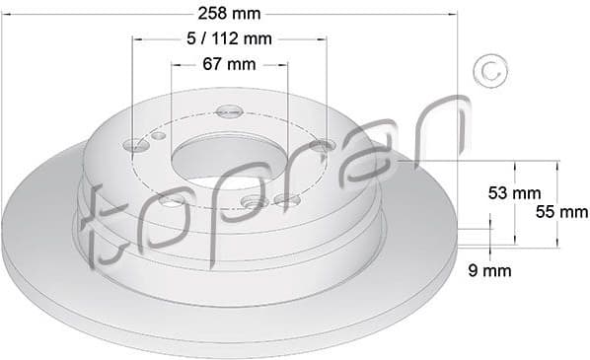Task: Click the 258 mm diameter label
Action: click(230, 14)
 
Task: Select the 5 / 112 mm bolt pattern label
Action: click(229, 39)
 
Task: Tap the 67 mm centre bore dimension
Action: click(228, 64)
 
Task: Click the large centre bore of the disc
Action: click(228, 157)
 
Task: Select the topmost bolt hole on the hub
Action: click(229, 110)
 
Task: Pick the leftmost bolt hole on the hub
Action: click(135, 147)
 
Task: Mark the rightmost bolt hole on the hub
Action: click(323, 146)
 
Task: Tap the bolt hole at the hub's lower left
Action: click(170, 200)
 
